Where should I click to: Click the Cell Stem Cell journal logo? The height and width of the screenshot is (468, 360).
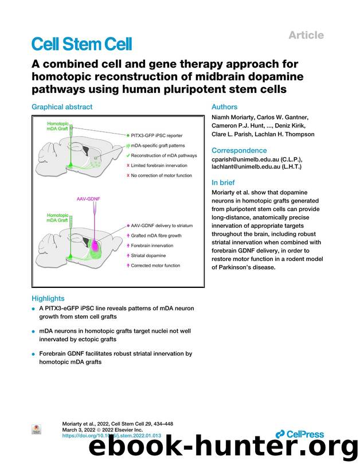tap(81, 44)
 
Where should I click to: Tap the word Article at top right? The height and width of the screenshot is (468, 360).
tap(306, 35)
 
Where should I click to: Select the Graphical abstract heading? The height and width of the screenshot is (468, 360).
tap(61, 107)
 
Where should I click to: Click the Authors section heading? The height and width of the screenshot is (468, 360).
tap(225, 107)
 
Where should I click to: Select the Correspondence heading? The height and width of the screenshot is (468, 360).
tap(239, 151)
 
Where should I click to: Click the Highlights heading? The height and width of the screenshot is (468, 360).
tap(48, 298)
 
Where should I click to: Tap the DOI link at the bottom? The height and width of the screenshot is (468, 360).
tap(111, 436)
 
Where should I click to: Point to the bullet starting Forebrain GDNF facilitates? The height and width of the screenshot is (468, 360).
tap(115, 358)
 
